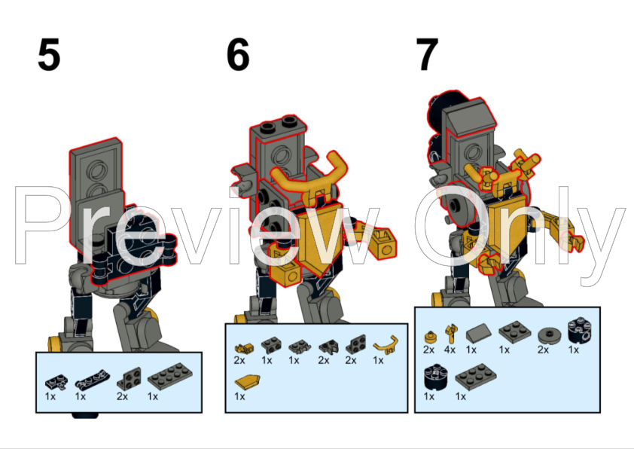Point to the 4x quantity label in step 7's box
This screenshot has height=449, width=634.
[x=450, y=350]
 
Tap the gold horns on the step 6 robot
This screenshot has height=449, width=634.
[x=308, y=178]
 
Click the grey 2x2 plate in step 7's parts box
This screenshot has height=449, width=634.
[x=510, y=331]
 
